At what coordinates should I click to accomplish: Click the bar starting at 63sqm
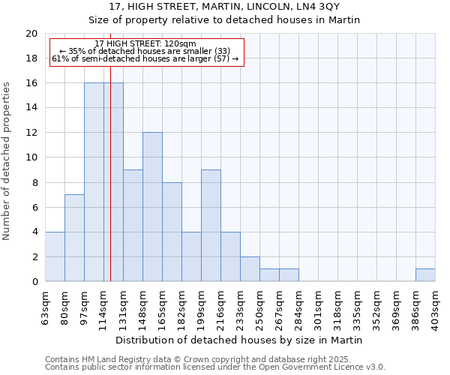[x=55, y=256]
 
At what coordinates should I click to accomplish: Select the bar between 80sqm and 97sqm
[x=74, y=238]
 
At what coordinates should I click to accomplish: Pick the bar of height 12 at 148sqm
[x=152, y=207]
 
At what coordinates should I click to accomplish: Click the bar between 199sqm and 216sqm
[x=211, y=226]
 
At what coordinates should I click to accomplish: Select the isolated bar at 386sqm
[x=425, y=275]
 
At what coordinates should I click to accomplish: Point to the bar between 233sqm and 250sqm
[x=250, y=269]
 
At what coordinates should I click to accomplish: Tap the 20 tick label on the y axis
[x=31, y=34]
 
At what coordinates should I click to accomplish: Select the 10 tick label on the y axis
[x=31, y=157]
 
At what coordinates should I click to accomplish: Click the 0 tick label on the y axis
[x=34, y=282]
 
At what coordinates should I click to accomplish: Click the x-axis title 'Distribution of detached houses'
[x=240, y=340]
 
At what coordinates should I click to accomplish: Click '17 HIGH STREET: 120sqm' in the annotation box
[x=146, y=44]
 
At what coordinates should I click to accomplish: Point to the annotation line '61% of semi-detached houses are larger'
[x=146, y=58]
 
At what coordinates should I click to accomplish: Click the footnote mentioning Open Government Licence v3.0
[x=215, y=367]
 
